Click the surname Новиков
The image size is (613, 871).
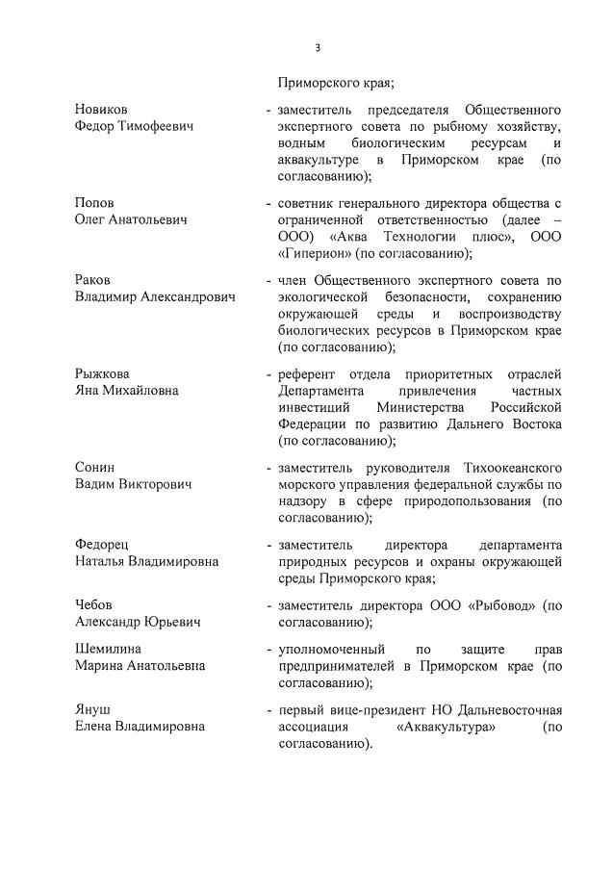(101, 110)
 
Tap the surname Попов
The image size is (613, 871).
(94, 203)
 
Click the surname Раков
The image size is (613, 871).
(93, 279)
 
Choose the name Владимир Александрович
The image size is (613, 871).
(155, 296)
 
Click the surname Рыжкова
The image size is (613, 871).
(102, 373)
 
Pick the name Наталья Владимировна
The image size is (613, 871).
(146, 561)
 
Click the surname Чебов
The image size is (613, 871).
(94, 604)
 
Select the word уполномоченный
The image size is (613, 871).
(332, 649)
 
